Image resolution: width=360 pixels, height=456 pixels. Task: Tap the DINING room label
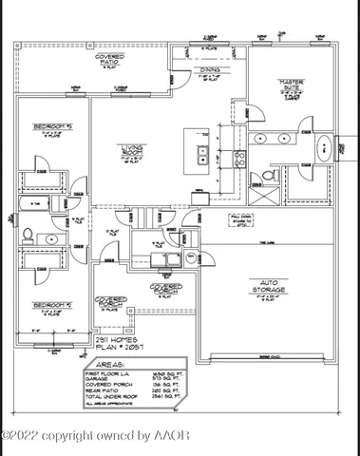(x=208, y=70)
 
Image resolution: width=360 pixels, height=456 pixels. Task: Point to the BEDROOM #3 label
(x=51, y=126)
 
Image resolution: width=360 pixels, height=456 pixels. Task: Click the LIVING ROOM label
(x=132, y=150)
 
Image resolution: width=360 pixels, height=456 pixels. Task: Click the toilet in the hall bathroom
(x=28, y=236)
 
